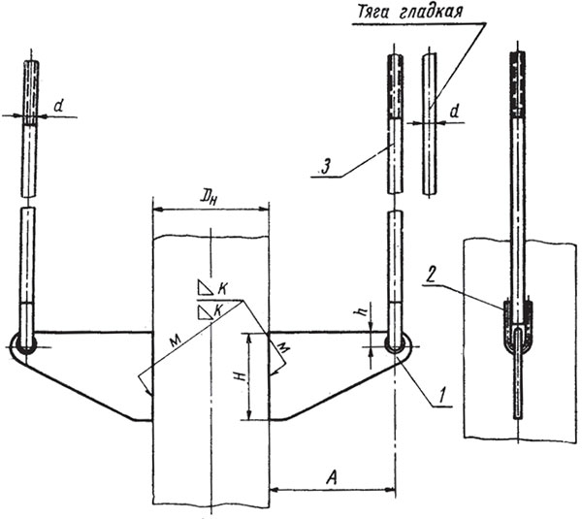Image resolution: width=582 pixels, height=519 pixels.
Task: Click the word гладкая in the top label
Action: pos(432,13)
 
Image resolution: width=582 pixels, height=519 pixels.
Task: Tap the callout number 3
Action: pos(325,168)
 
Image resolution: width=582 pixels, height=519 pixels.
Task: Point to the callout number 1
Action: pos(441,395)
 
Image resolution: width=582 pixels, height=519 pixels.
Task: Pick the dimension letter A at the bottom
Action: pos(332,478)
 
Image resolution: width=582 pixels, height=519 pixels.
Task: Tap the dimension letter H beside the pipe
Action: pos(241,377)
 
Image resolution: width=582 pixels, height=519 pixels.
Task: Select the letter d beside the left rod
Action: pos(58,107)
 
